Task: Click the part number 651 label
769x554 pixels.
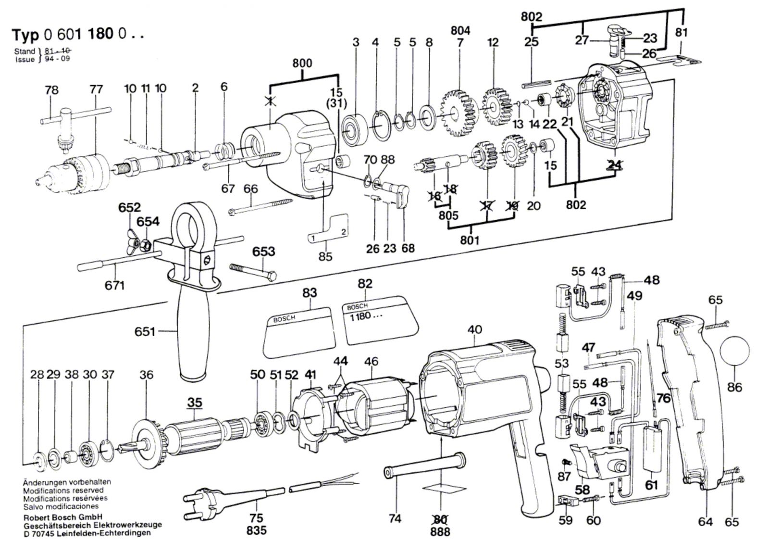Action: pos(145,331)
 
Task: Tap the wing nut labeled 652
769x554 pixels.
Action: pos(134,242)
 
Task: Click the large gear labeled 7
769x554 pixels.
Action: pos(457,113)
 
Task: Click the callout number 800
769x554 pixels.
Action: pos(302,63)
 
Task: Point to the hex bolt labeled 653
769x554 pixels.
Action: pos(253,272)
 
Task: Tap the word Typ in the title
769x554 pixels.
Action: pos(25,35)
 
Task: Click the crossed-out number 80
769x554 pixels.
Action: pos(440,519)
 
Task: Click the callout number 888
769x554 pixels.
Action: pos(440,532)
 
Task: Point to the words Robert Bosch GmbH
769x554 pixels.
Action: pos(63,517)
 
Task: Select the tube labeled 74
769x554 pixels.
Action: pos(424,466)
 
